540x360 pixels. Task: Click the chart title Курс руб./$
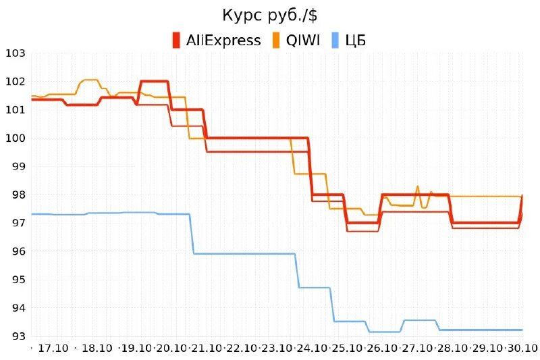click(270, 15)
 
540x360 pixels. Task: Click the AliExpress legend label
click(223, 40)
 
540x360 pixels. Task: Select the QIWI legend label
click(304, 40)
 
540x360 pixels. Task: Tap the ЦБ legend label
click(355, 40)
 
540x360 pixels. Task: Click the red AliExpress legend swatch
click(176, 40)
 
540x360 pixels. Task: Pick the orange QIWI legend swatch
click(276, 40)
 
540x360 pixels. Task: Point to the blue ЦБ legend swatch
click(335, 40)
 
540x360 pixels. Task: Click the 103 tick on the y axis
click(15, 53)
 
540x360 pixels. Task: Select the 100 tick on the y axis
click(15, 138)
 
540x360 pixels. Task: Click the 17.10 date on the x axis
click(53, 349)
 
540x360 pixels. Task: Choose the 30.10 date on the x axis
click(522, 349)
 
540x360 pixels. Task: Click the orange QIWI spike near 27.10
click(417, 187)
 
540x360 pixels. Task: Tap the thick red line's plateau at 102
click(154, 82)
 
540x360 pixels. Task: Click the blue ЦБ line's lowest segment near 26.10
click(384, 332)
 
